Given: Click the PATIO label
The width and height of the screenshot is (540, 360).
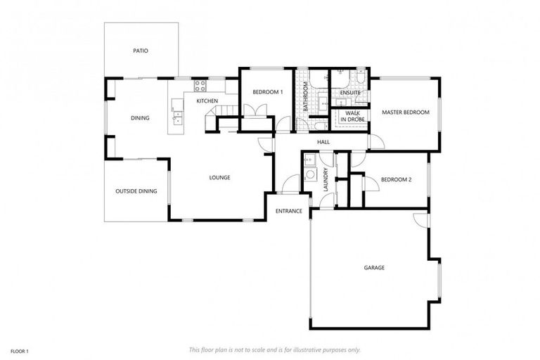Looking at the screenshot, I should tap(140, 51).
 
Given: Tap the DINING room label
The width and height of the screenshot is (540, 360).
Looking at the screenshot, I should tap(140, 118).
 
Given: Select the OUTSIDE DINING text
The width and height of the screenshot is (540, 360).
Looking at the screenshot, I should tap(136, 191).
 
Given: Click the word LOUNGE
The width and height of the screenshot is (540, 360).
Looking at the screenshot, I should tap(219, 177).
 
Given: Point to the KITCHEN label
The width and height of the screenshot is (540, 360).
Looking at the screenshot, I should tap(207, 101).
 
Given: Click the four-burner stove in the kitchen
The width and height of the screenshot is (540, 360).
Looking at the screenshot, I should tap(199, 87).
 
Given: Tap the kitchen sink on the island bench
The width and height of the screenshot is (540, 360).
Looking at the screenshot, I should tap(176, 119).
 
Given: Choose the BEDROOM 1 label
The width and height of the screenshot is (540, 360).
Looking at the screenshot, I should tap(267, 92).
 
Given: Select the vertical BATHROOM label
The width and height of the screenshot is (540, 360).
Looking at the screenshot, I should tap(306, 98).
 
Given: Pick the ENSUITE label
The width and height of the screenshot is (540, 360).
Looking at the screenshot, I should tap(349, 93).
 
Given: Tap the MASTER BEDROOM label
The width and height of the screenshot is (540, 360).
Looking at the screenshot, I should tap(405, 112).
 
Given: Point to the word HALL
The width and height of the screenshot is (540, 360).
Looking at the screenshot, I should tap(323, 142).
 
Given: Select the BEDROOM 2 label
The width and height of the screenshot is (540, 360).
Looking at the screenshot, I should tap(395, 179).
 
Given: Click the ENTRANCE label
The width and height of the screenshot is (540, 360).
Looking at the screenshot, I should tap(288, 211).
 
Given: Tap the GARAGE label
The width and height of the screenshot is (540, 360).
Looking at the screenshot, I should tap(374, 267).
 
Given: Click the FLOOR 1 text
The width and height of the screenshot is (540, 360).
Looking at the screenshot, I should tap(19, 349).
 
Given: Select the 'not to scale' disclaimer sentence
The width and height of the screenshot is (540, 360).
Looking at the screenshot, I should tap(274, 349).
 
